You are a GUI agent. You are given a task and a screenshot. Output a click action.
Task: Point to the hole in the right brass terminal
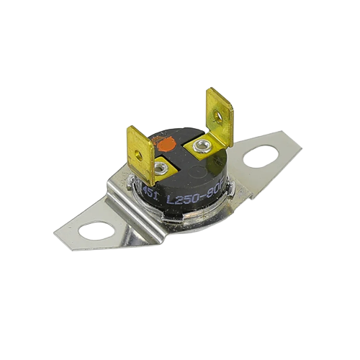coord(217,115)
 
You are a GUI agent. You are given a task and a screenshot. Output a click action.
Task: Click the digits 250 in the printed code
coord(189,197)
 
